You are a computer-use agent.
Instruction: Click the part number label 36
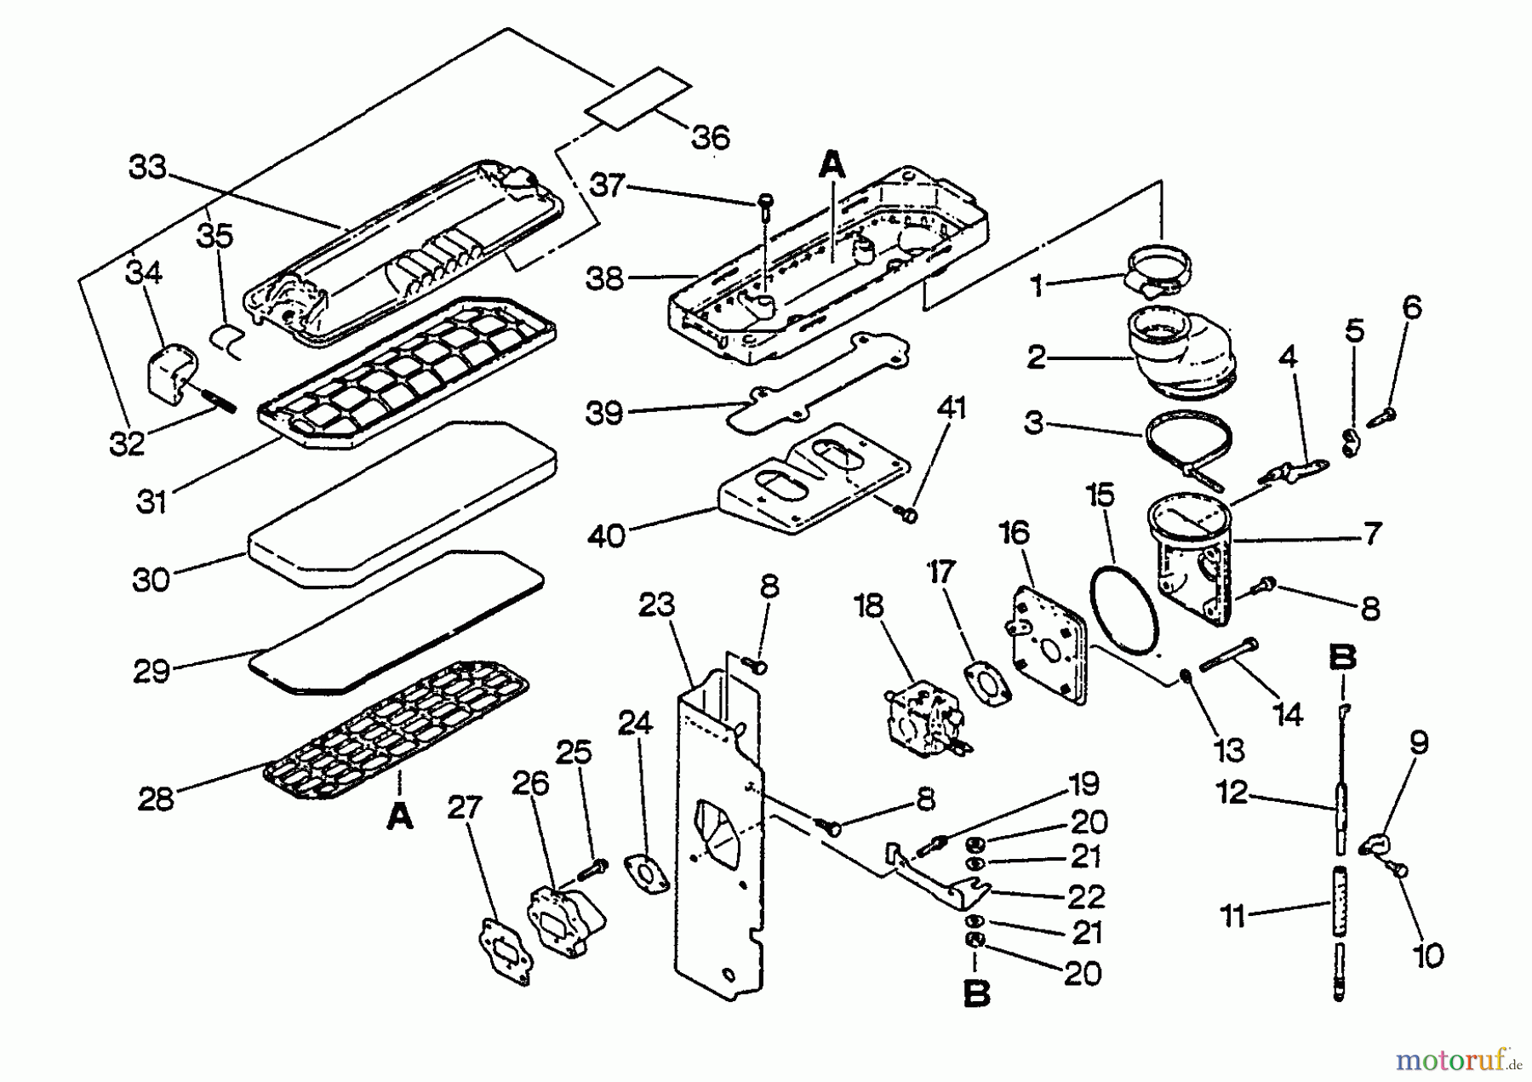711,138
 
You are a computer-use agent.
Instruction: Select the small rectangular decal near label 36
638,98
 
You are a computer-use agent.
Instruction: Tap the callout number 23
656,605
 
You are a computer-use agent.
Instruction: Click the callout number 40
607,536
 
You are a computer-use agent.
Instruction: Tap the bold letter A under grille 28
399,818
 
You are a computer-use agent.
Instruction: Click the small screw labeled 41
907,514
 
